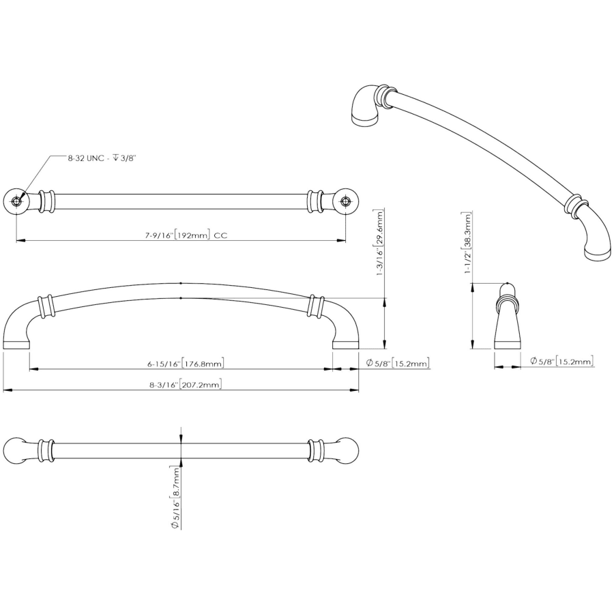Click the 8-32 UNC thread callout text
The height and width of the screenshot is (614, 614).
[x=101, y=158]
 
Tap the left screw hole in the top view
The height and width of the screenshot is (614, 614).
[x=16, y=201]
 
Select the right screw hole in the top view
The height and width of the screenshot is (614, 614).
[x=345, y=201]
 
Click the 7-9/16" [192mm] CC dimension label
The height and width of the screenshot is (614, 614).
[x=186, y=235]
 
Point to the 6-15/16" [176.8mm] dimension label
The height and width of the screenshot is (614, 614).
[x=186, y=364]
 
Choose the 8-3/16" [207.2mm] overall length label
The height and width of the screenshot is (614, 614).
[x=185, y=384]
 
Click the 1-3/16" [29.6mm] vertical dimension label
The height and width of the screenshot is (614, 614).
[x=380, y=242]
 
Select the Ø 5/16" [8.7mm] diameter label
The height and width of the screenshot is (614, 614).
[x=175, y=498]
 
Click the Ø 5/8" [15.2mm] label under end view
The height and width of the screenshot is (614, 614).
[x=561, y=361]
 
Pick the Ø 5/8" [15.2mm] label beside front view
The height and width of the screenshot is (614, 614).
[x=398, y=363]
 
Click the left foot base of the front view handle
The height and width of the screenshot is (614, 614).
[x=16, y=345]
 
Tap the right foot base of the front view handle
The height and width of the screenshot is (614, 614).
[x=346, y=345]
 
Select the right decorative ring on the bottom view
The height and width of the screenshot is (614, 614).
[x=316, y=450]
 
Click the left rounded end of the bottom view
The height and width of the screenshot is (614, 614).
[x=14, y=450]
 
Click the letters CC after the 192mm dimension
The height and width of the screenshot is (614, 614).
[x=221, y=235]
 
